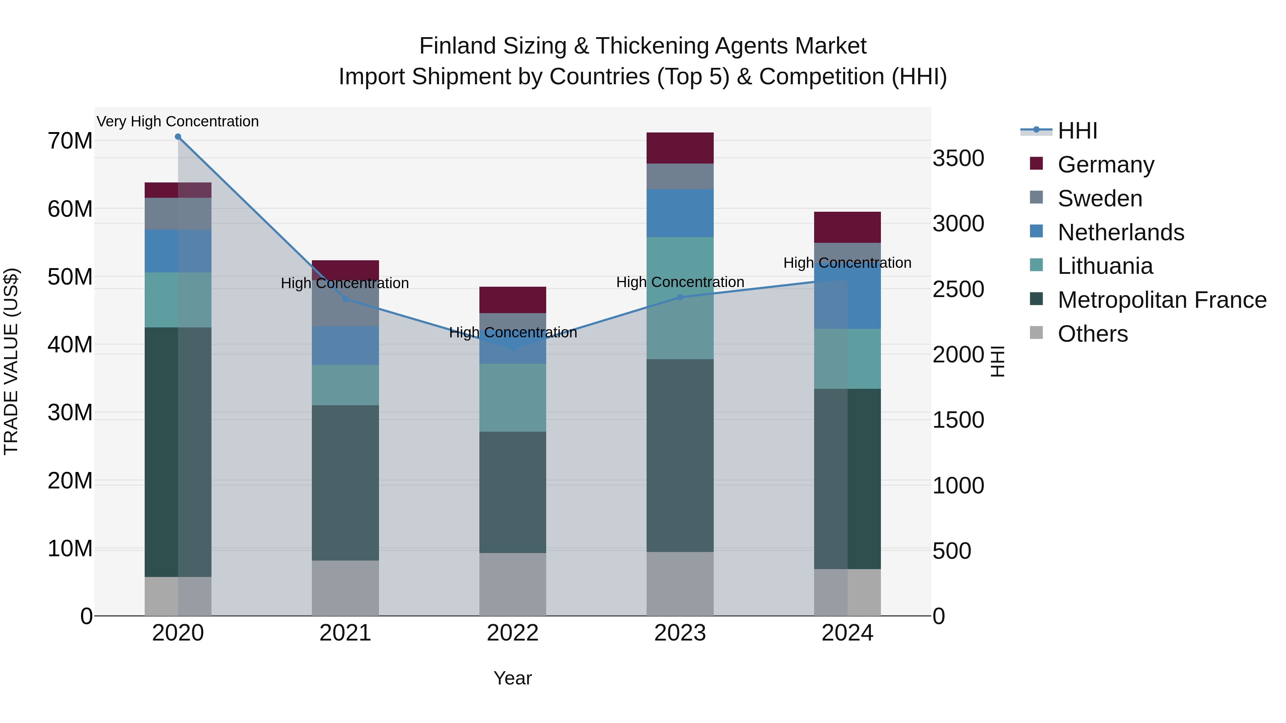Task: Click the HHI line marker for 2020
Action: click(178, 137)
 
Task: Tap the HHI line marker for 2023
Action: click(680, 297)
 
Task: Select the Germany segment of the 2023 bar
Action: click(680, 148)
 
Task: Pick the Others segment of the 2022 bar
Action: click(513, 584)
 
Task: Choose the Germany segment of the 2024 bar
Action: click(847, 227)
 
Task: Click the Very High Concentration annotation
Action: click(178, 122)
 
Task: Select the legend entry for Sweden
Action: click(1100, 199)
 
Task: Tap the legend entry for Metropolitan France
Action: click(1162, 300)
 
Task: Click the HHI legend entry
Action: click(1077, 131)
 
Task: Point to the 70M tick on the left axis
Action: click(70, 141)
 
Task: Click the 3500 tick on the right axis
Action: click(958, 158)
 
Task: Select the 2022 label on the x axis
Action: click(513, 633)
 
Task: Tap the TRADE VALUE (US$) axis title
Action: click(11, 361)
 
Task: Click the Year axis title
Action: click(513, 678)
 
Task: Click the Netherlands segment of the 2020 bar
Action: click(178, 251)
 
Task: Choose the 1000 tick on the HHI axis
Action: click(958, 486)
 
